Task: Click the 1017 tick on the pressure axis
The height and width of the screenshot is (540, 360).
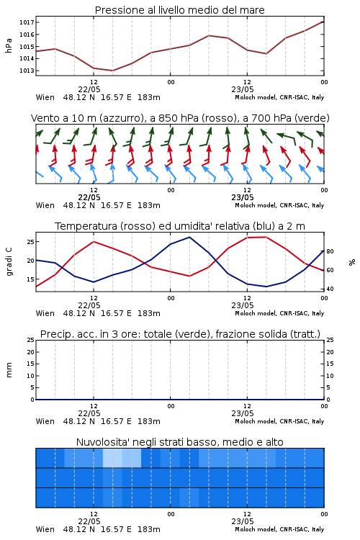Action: click(x=26, y=22)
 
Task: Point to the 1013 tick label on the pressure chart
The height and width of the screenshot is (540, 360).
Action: click(x=26, y=71)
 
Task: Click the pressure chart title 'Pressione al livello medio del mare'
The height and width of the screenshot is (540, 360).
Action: click(x=180, y=10)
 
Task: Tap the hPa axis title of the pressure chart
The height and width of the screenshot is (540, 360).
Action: click(x=9, y=45)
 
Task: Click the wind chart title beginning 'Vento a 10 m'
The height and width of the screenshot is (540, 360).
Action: click(x=180, y=118)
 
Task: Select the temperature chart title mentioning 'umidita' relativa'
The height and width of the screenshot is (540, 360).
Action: click(x=180, y=226)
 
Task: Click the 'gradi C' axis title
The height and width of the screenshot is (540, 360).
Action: click(x=9, y=262)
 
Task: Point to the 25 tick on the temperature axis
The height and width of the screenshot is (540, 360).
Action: click(x=30, y=242)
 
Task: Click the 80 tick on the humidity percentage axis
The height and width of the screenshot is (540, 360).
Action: click(x=330, y=251)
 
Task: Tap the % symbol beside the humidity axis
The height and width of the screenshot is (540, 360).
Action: click(x=352, y=262)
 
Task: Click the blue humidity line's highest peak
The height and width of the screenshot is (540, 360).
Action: click(x=189, y=237)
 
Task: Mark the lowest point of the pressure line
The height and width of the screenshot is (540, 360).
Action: click(x=112, y=71)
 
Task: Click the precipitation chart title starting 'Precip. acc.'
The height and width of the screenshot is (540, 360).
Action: click(x=180, y=334)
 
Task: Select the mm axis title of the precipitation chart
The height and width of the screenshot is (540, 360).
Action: click(x=9, y=370)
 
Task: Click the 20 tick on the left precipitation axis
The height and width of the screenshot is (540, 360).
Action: click(x=30, y=352)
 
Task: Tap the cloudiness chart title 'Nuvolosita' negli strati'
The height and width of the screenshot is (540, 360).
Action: click(x=180, y=442)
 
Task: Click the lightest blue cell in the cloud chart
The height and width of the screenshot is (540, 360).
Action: click(x=112, y=458)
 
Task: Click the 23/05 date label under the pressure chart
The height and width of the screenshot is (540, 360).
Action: click(x=243, y=89)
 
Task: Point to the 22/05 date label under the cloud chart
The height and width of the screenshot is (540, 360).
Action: click(x=89, y=521)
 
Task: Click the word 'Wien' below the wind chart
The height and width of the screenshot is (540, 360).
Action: click(x=45, y=205)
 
